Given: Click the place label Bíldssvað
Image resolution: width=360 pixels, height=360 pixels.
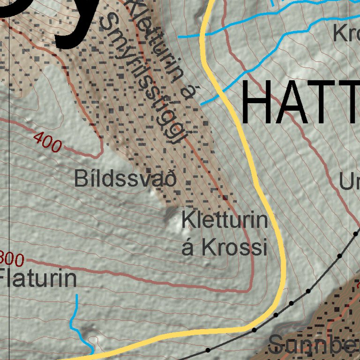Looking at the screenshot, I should tap(125, 179).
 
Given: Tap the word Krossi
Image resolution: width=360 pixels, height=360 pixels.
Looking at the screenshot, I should tap(235, 247).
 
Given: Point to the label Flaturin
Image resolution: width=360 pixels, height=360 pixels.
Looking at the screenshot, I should tap(38, 278).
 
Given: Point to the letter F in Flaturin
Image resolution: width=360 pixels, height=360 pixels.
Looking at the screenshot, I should tap(6, 278).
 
